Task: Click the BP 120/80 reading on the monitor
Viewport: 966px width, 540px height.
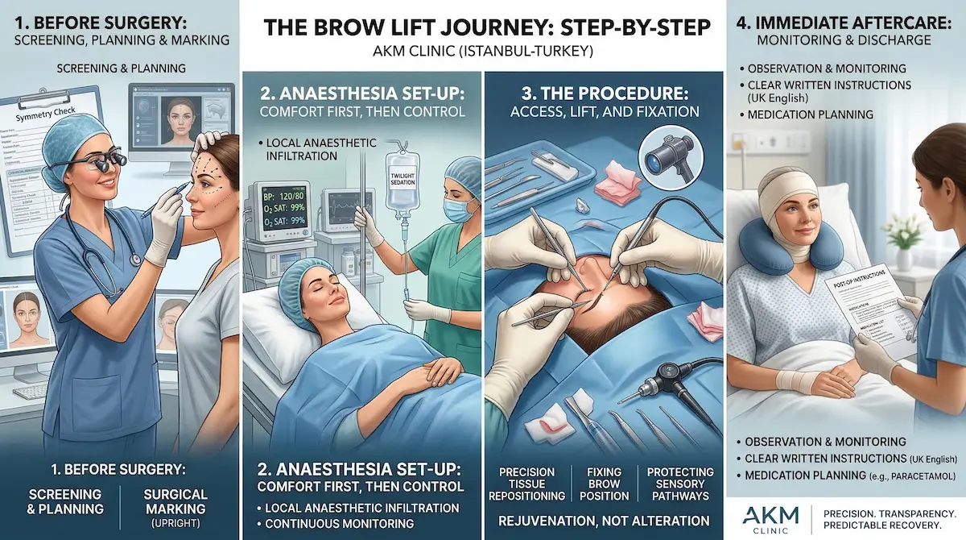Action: (x=291, y=195)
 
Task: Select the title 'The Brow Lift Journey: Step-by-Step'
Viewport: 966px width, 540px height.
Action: (x=485, y=27)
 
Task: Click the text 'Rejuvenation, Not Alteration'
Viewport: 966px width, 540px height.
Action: (x=604, y=520)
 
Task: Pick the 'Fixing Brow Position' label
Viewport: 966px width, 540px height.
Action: (x=604, y=484)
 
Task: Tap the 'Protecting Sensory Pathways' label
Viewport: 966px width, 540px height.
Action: (x=680, y=484)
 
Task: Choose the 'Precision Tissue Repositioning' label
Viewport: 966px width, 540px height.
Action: (x=527, y=484)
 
